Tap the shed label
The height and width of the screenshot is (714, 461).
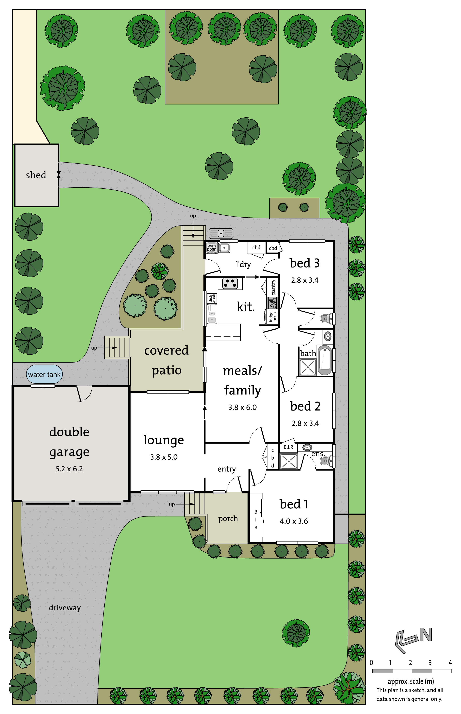36,175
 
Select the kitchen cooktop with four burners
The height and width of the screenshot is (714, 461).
230,283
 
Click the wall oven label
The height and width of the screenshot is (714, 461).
272,302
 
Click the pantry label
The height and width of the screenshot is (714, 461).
273,287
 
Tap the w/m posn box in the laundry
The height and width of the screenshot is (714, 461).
212,248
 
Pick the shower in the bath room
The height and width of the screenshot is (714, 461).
308,367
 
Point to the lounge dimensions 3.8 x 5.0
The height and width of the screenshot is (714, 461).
164,457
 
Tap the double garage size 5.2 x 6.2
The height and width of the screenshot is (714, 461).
69,469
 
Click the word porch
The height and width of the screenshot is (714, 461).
228,519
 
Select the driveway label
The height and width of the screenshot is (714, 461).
65,608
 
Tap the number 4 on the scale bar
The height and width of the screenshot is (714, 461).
450,663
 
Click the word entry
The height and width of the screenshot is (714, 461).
226,469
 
